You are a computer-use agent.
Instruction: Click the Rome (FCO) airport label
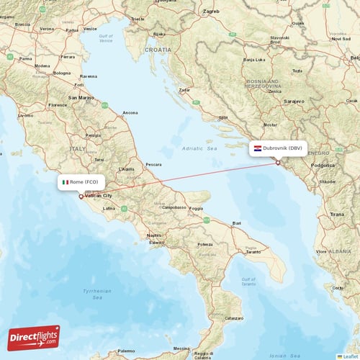(x=83, y=182)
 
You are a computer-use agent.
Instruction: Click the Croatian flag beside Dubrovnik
(x=258, y=149)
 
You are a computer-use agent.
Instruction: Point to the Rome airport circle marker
(x=81, y=195)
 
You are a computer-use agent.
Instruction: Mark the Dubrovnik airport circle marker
(x=278, y=163)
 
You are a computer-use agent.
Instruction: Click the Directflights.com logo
(x=34, y=338)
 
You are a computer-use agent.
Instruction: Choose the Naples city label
(x=153, y=235)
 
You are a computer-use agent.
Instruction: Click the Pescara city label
(x=153, y=164)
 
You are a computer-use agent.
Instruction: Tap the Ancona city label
(x=130, y=113)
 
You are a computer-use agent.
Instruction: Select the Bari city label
(x=236, y=223)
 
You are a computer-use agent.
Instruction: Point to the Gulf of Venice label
(x=107, y=37)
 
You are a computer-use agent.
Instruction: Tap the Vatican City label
(x=99, y=196)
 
